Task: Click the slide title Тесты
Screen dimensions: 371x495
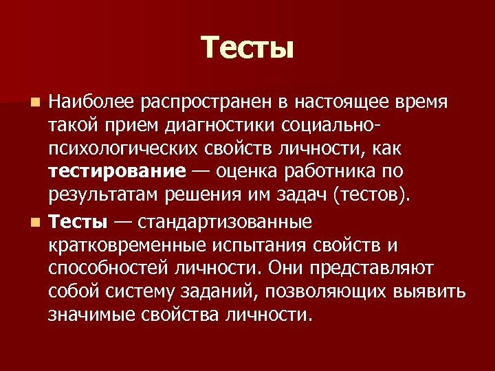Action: tap(247, 47)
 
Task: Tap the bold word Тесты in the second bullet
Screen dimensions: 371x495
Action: tap(78, 223)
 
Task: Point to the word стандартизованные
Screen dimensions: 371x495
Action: tap(225, 223)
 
